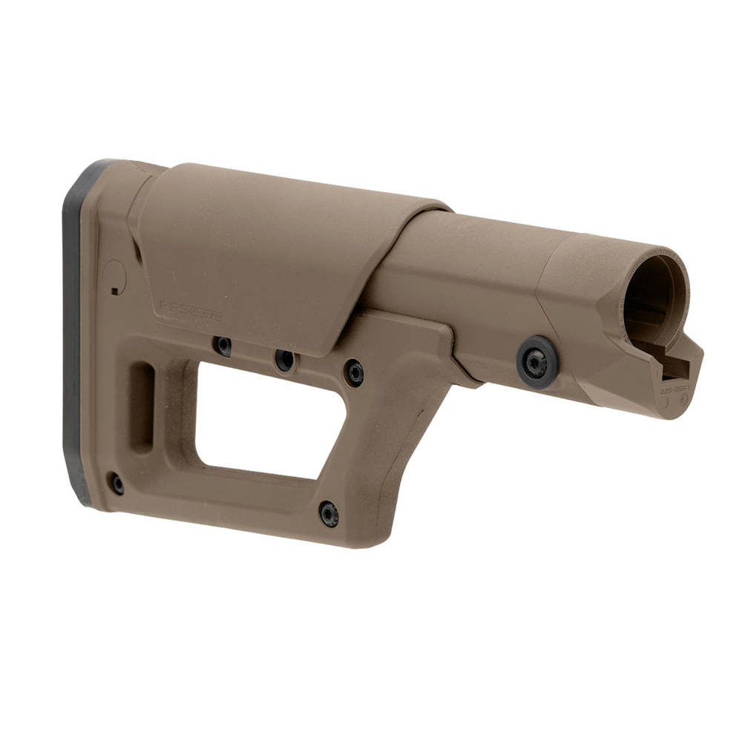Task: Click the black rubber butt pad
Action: click(x=74, y=334)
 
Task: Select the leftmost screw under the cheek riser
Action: click(x=223, y=346)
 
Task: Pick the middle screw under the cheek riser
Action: click(x=284, y=360)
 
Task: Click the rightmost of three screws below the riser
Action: click(x=354, y=372)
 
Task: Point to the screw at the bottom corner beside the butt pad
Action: click(x=116, y=484)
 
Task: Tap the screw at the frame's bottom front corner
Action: click(x=329, y=513)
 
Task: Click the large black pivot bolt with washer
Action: click(x=537, y=361)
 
